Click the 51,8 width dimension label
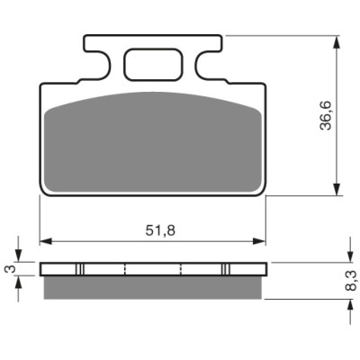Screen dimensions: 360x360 pyautogui.click(x=160, y=230)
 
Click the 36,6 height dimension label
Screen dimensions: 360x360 pyautogui.click(x=326, y=115)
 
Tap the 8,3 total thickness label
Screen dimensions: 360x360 pyautogui.click(x=350, y=281)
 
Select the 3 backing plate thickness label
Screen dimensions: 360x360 pyautogui.click(x=10, y=269)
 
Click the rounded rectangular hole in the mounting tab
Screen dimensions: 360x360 pyautogui.click(x=154, y=65)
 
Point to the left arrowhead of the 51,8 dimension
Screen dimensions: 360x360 pyautogui.click(x=46, y=241)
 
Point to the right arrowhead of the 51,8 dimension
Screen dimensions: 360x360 pyautogui.click(x=259, y=241)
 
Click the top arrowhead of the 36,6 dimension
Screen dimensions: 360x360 pyautogui.click(x=337, y=42)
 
